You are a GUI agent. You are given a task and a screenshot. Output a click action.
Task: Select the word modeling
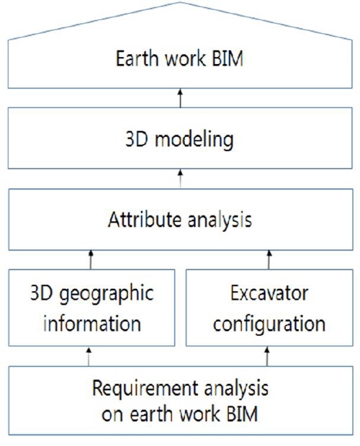194,141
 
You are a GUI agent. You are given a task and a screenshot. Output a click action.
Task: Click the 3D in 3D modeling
137,139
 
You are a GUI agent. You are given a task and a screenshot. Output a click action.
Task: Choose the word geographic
107,295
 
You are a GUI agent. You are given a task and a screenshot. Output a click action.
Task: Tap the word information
92,324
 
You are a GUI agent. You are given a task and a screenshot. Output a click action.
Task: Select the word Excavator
269,293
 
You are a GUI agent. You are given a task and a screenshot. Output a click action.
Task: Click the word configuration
269,325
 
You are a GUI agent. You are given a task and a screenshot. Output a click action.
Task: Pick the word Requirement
145,389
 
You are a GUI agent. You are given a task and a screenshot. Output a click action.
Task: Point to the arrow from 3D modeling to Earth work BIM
180,98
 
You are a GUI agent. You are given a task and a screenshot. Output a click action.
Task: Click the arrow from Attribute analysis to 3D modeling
181,179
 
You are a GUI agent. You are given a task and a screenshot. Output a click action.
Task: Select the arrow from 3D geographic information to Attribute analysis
91,259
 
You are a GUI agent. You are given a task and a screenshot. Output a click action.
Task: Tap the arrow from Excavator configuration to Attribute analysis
269,259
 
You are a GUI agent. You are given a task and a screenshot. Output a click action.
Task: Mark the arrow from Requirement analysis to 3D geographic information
89,357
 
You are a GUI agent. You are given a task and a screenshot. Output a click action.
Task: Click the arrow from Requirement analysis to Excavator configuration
267,357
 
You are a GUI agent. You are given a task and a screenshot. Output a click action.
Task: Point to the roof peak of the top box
180,2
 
